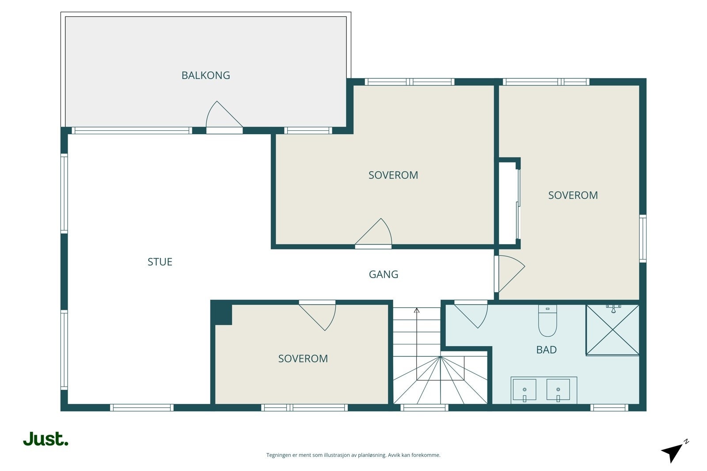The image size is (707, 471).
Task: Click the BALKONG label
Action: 205,75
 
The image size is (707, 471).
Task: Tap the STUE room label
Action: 160,262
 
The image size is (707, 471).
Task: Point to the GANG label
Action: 384,275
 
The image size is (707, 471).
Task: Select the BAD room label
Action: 546,350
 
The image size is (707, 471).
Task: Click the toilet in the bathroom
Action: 547,321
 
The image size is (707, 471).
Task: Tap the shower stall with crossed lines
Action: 612,330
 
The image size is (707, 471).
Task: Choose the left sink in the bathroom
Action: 525,390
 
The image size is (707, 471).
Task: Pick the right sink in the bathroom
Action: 558,390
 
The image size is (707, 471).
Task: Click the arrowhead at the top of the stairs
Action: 417,310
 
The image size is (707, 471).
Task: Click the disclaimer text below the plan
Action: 353,455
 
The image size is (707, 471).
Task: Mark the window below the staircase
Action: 425,407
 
